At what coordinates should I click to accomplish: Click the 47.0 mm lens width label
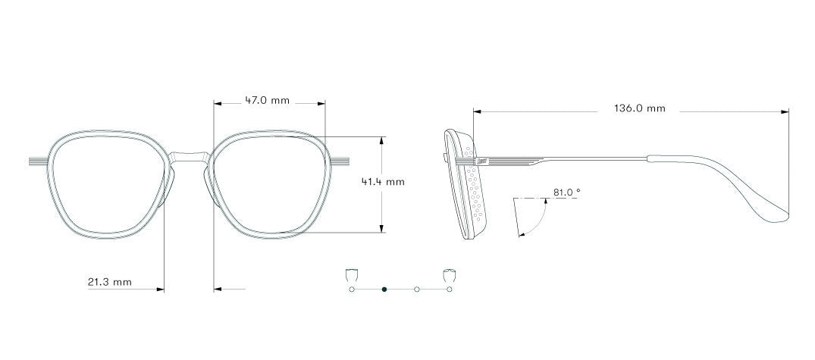coord(267,100)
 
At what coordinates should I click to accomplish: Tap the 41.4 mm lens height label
coord(383,182)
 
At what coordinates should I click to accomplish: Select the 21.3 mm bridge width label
coord(110,282)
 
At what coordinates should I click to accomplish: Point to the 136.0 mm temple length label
coord(639,108)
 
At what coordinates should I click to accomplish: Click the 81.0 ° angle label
coord(566,193)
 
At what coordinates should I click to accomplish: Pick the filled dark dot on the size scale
coord(384,289)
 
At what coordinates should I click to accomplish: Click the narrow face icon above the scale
coord(352,275)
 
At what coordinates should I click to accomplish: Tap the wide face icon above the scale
coord(449,275)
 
